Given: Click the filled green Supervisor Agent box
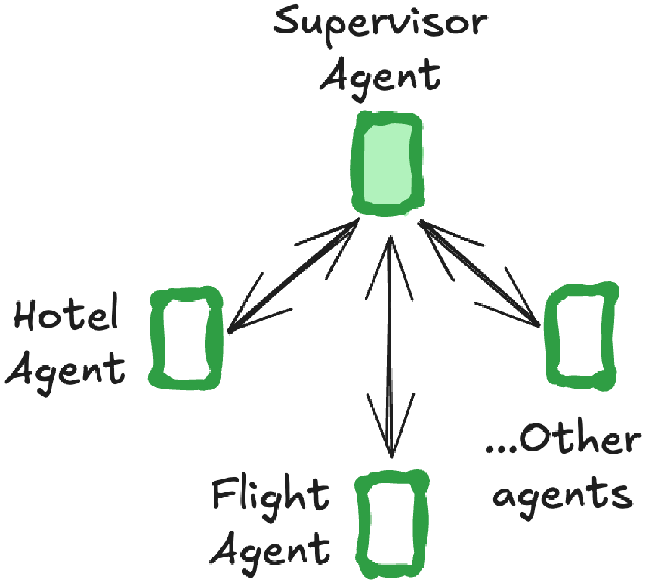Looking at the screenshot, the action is [387, 163].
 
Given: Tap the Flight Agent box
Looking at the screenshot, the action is [362, 524].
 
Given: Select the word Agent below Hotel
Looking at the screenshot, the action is [66, 370].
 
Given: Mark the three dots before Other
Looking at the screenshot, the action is [502, 449].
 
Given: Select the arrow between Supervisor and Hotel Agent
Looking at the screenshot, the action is [293, 276].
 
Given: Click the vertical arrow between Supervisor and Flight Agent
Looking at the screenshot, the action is [390, 347].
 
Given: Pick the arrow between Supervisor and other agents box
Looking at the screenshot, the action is [479, 273].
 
